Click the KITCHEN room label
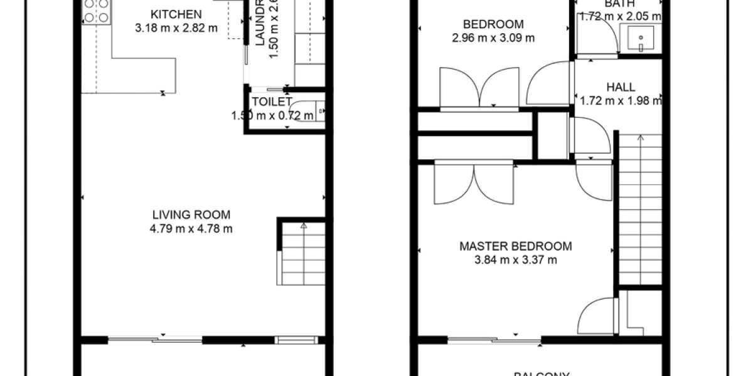click(x=168, y=14)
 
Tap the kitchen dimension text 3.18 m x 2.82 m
click(x=168, y=28)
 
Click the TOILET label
click(x=271, y=102)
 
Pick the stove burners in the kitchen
click(x=95, y=11)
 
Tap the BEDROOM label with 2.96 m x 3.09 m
click(x=493, y=24)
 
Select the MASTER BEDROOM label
click(x=516, y=246)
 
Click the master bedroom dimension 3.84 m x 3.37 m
click(x=516, y=260)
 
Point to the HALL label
click(x=621, y=87)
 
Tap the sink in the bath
click(x=640, y=39)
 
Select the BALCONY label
click(x=541, y=373)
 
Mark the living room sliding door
click(x=155, y=340)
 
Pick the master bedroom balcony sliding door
click(x=494, y=341)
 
